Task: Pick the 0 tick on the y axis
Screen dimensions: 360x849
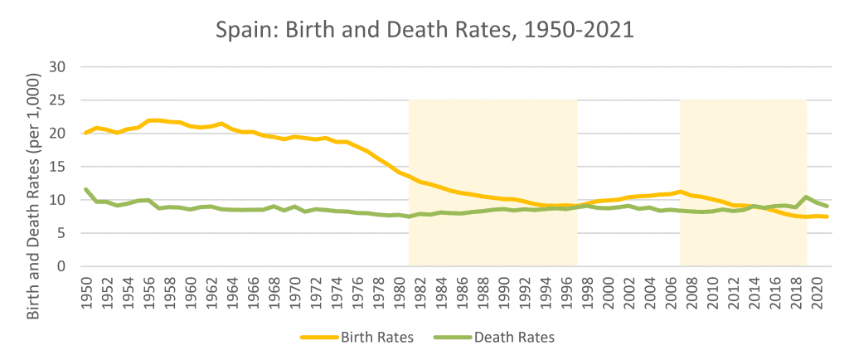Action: (x=61, y=266)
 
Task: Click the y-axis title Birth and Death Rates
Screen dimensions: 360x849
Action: (x=34, y=166)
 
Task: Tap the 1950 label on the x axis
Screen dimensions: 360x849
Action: (x=86, y=289)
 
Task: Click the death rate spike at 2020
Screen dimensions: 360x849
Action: (x=806, y=197)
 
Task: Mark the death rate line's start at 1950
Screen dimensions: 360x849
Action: (x=86, y=190)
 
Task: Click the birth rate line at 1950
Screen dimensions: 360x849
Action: (x=86, y=133)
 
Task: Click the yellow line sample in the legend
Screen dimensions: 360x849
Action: (x=320, y=338)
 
